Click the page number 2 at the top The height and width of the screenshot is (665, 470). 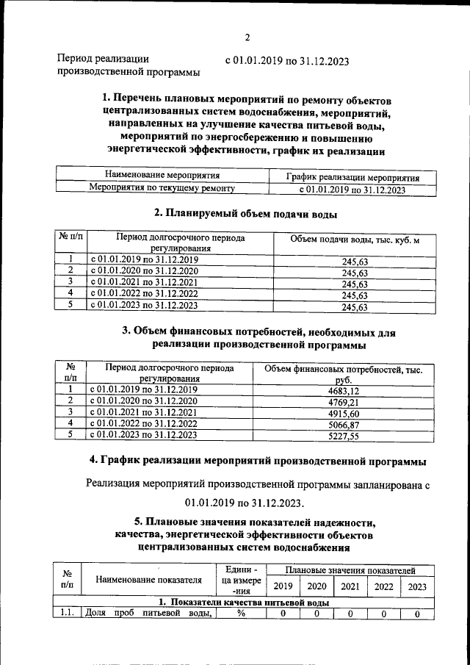[x=247, y=37]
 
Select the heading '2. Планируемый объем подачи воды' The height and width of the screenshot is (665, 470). [x=246, y=215]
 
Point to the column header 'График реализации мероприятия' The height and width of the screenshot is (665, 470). [x=352, y=178]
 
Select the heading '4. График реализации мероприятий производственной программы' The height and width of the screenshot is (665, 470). [x=257, y=461]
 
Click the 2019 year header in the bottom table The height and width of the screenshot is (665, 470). [x=282, y=586]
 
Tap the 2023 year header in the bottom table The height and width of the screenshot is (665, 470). [x=416, y=586]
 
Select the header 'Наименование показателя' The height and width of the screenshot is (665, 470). [x=148, y=580]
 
